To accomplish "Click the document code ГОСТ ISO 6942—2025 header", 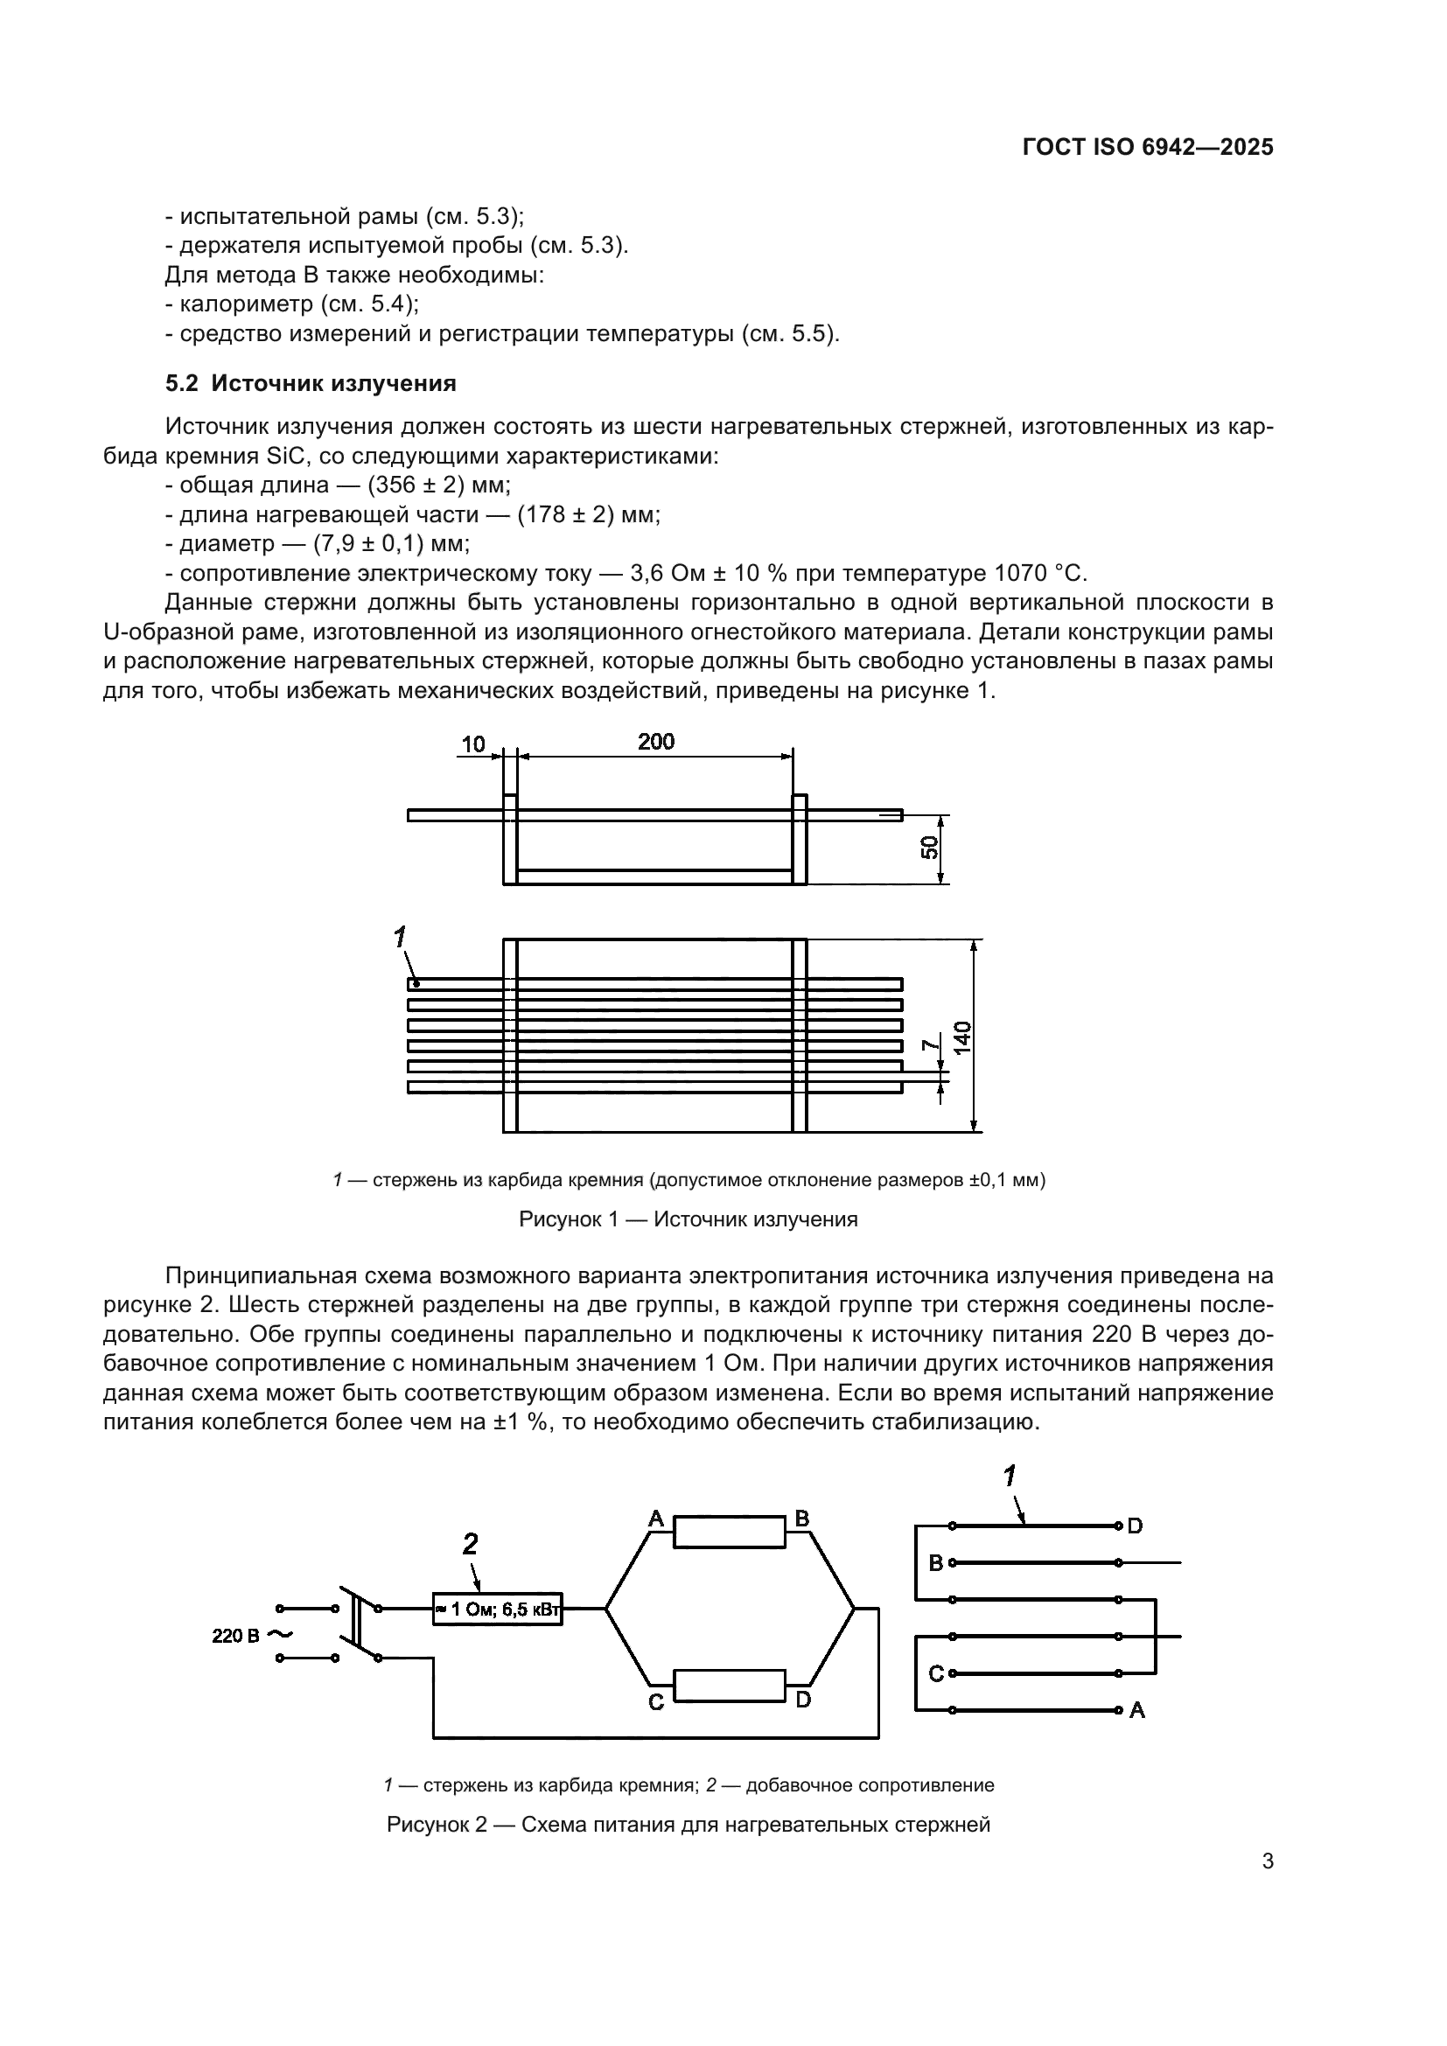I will click(1148, 147).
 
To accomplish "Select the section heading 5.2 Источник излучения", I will click(310, 383).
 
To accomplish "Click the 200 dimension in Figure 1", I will click(656, 742).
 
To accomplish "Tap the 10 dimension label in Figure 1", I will click(473, 744).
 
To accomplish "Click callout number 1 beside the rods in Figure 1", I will click(400, 937).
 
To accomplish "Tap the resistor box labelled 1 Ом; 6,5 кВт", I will click(497, 1610).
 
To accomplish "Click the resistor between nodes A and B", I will click(729, 1532).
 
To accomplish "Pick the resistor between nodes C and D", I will click(729, 1686).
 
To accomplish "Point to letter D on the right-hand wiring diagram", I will click(1136, 1526).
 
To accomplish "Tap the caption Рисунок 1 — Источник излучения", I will click(688, 1219).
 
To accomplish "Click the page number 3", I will click(1267, 1861).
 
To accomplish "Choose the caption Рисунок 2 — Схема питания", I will click(688, 1824).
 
